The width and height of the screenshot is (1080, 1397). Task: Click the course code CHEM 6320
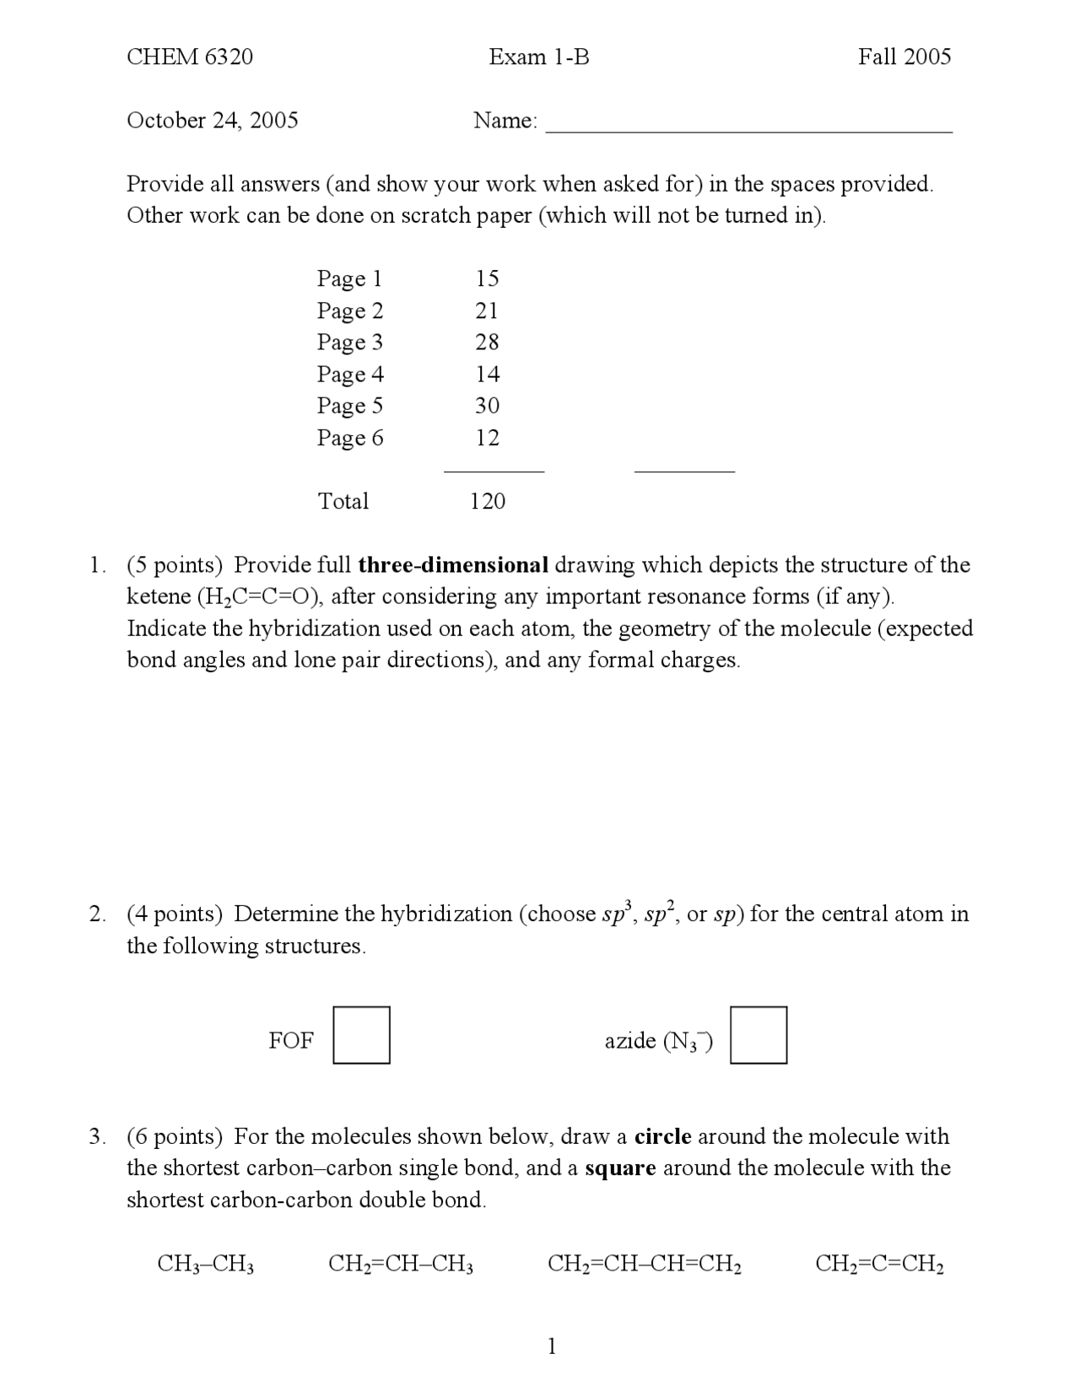189,57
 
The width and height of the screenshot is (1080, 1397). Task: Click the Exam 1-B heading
538,57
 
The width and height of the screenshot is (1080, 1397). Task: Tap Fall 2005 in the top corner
904,57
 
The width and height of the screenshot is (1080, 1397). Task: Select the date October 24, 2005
212,120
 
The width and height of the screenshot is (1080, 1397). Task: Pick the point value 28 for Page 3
487,342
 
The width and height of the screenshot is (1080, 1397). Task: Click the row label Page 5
349,406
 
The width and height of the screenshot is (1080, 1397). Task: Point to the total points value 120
487,501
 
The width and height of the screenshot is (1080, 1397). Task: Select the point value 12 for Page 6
487,438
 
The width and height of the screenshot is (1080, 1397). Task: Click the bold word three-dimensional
453,564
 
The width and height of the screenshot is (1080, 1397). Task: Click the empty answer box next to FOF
361,1034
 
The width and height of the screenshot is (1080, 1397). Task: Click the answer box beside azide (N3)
758,1034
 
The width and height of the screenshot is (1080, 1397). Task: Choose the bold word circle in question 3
662,1136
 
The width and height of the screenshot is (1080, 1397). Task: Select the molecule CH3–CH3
206,1264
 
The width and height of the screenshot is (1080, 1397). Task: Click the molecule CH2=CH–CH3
400,1264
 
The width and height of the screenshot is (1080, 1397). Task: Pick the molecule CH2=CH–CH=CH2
644,1264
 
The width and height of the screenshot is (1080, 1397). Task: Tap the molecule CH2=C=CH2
878,1264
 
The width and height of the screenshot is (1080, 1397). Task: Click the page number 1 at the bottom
552,1346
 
